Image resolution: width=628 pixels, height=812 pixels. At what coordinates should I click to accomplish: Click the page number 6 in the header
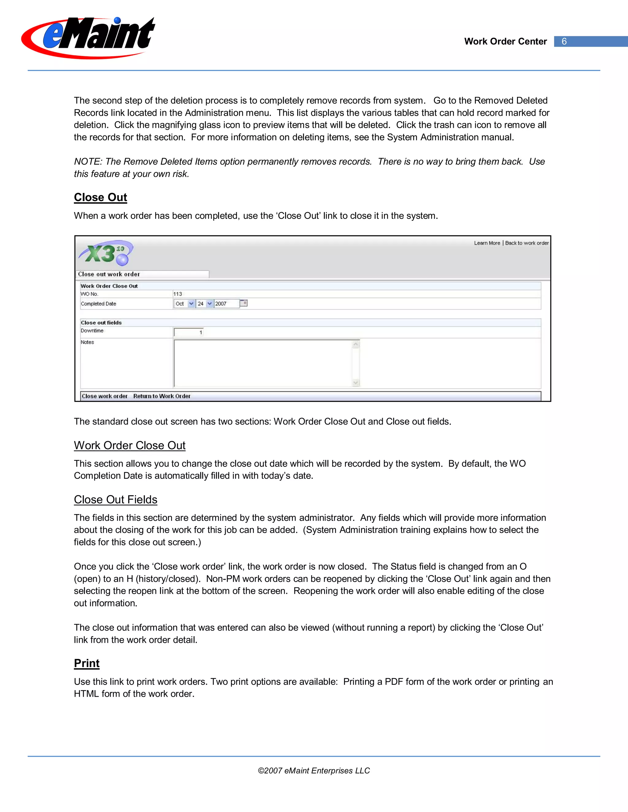564,41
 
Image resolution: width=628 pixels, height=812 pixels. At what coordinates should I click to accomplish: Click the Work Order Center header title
505,41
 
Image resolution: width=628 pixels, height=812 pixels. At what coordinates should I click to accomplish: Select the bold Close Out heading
101,197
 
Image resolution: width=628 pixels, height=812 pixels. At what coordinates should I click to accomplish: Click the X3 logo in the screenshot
106,253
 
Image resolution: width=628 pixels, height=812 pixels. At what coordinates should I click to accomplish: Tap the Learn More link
487,243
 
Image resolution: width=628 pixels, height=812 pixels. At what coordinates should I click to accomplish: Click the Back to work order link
527,243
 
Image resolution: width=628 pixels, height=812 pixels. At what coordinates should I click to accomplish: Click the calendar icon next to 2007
244,303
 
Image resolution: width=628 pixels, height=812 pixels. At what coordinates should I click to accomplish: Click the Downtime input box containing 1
189,332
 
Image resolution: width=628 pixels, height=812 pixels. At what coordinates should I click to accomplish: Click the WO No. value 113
178,294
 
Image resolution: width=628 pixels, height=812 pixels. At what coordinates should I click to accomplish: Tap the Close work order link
105,396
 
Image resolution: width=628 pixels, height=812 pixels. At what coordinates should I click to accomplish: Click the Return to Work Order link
162,396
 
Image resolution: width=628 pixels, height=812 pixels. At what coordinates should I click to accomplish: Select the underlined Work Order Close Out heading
129,446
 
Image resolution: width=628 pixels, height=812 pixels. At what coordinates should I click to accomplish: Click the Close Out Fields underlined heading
115,500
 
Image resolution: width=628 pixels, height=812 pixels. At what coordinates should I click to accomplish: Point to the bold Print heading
87,663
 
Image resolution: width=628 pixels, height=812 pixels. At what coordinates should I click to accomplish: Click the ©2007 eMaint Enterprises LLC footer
314,771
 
